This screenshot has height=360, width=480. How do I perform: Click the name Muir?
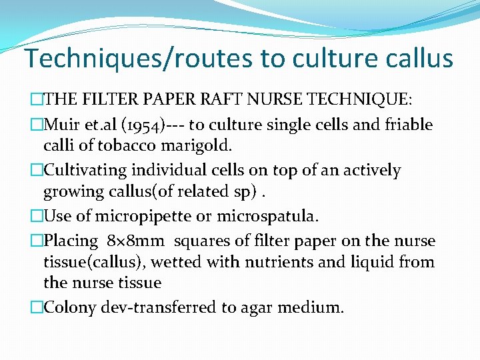tap(63, 125)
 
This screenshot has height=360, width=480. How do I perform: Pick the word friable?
tap(408, 125)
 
